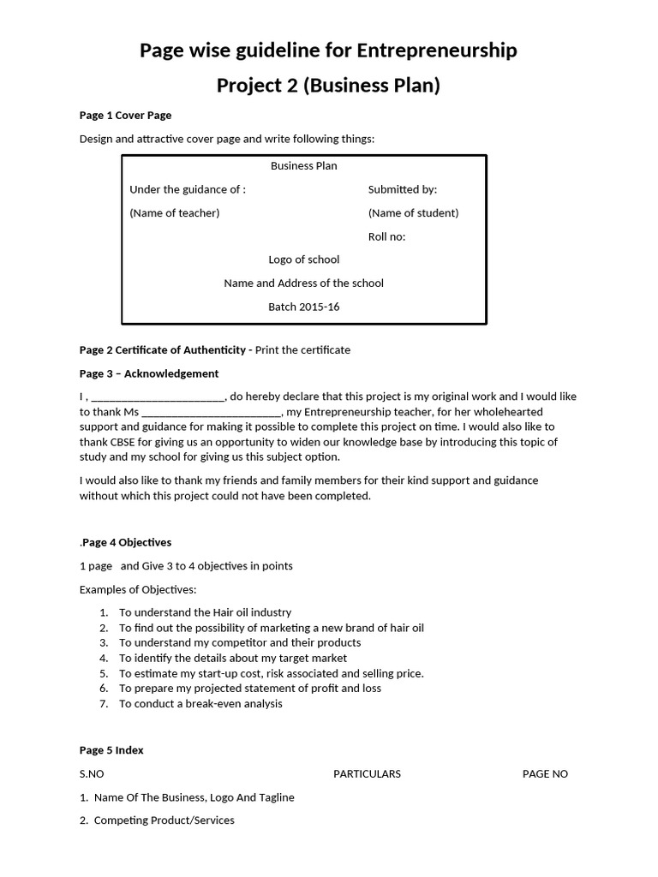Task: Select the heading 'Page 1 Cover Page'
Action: (125, 116)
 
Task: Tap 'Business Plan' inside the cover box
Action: (303, 166)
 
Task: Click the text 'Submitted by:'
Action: (402, 189)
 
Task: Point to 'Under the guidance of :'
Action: (188, 189)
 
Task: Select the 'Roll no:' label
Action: (386, 236)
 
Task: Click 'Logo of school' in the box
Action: (303, 260)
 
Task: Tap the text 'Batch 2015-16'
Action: (303, 307)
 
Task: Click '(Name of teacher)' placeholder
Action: (174, 213)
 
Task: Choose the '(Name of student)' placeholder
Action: (413, 213)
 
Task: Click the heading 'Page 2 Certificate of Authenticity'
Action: (163, 349)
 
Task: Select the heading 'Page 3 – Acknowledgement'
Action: (149, 373)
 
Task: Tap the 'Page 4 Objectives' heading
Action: (127, 542)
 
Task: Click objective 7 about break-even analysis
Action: (200, 704)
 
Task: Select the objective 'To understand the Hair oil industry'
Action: (205, 612)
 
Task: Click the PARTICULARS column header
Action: (367, 774)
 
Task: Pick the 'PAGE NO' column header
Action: (545, 774)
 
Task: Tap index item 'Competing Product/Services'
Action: (164, 820)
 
